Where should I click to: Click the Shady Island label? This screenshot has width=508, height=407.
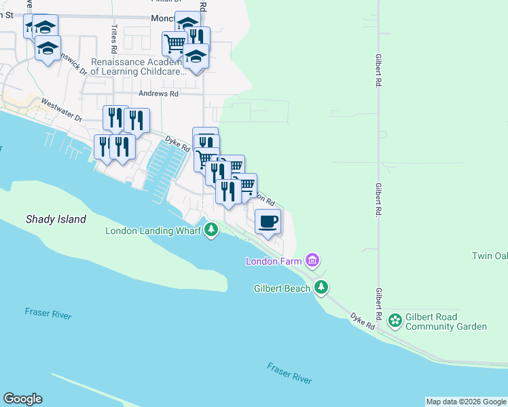click(56, 219)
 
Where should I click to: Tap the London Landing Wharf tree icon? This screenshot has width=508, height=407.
click(212, 230)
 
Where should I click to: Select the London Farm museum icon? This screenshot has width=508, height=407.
click(312, 260)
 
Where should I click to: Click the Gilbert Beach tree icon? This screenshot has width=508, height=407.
click(321, 288)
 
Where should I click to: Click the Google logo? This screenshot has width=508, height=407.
click(22, 399)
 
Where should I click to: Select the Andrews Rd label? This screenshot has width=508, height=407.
click(158, 94)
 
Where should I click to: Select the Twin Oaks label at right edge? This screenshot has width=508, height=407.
click(490, 256)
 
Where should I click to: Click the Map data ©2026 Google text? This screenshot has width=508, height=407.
click(466, 402)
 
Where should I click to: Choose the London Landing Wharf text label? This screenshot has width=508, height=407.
click(153, 231)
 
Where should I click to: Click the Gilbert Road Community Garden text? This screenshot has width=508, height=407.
click(446, 322)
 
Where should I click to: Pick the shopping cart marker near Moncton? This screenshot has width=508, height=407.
click(175, 44)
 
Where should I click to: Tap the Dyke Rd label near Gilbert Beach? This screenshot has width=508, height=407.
click(363, 321)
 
